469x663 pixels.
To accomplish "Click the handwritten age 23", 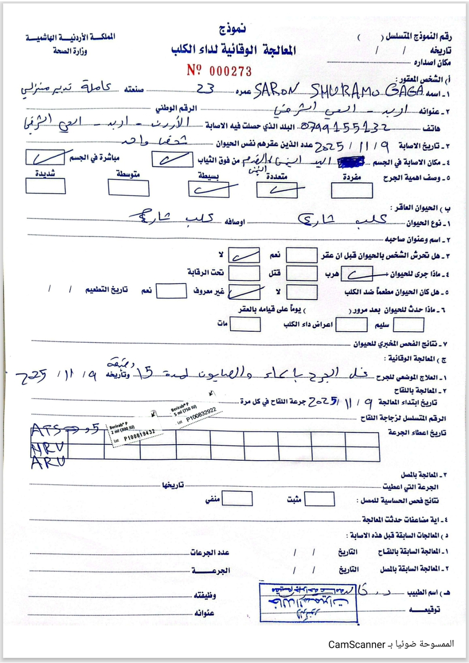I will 205,89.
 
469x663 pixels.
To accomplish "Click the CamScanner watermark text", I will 357,644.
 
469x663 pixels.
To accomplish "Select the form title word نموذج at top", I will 232,30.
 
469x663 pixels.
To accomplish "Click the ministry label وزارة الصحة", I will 70,51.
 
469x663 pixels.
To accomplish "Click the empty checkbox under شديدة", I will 46,186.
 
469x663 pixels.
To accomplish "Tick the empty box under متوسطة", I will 129,188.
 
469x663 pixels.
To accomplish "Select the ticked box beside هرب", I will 357,274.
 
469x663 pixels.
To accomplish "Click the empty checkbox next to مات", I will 245,324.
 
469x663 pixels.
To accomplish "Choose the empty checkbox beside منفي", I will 237,499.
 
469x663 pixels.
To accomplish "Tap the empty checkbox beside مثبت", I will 320,499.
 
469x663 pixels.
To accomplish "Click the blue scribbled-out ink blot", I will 351,162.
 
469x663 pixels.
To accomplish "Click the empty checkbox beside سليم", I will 408,324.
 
